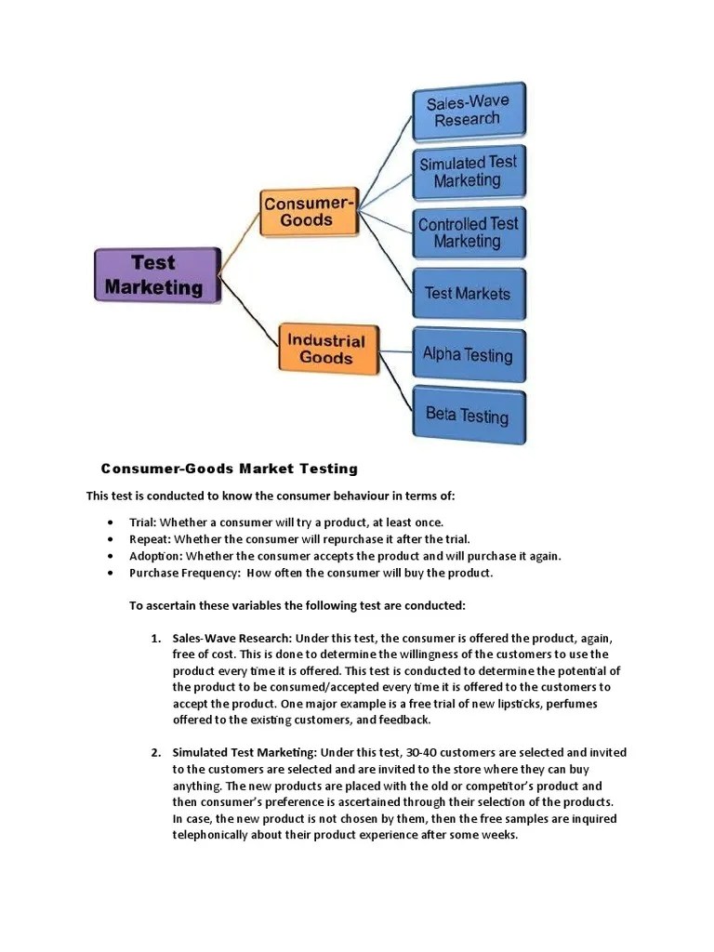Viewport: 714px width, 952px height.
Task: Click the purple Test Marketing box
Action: click(x=156, y=274)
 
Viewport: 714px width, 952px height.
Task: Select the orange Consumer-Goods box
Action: click(x=308, y=211)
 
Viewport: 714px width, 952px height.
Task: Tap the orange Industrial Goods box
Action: click(x=327, y=349)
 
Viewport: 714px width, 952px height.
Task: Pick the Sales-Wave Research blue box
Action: click(x=469, y=111)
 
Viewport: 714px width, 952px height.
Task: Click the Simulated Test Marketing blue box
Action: click(x=469, y=171)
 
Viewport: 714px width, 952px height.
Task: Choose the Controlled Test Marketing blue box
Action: click(x=469, y=232)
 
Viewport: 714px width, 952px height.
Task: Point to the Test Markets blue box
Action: click(x=469, y=294)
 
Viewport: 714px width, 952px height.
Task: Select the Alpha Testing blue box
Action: click(x=469, y=354)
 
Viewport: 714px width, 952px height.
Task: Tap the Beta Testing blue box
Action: click(x=469, y=415)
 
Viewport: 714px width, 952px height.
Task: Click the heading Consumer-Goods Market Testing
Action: click(x=229, y=469)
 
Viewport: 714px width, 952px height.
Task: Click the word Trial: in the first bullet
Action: click(x=142, y=522)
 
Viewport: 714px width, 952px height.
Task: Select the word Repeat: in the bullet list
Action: click(x=150, y=539)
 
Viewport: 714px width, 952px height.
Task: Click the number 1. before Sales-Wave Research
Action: click(x=156, y=639)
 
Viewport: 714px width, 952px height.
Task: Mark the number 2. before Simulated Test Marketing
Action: click(x=156, y=753)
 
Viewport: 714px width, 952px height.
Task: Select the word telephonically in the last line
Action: click(x=214, y=835)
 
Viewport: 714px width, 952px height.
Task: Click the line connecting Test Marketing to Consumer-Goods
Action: click(x=240, y=244)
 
